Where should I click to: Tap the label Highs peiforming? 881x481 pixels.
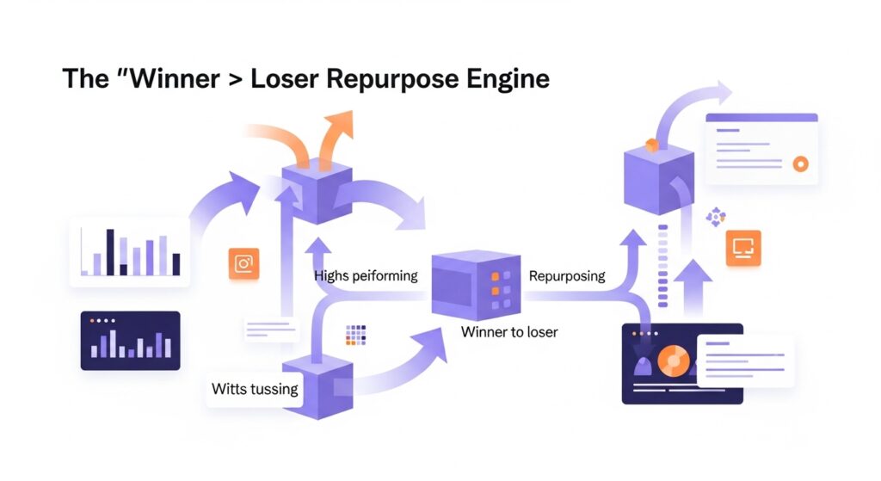coord(366,276)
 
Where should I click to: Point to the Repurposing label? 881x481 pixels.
coord(567,276)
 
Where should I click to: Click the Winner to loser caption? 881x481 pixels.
coord(509,331)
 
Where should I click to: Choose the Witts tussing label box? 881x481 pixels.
coord(255,389)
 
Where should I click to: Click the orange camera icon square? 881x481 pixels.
coord(243,264)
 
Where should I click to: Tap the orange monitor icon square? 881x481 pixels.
coord(742,247)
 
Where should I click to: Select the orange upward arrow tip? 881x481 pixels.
coord(341,120)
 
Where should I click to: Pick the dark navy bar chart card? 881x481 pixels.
coord(130,341)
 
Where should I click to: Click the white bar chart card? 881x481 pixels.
coord(129,251)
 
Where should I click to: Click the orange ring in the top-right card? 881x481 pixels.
coord(800,163)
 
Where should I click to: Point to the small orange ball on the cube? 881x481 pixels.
coord(651,145)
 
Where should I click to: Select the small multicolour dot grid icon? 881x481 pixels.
coord(355,335)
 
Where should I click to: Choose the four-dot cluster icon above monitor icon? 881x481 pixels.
coord(715,218)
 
